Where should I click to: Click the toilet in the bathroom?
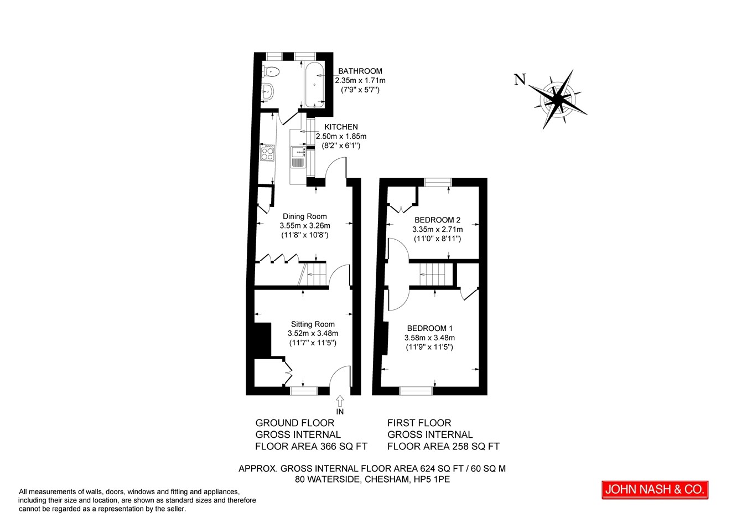[271, 71]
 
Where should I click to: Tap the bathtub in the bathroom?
[314, 85]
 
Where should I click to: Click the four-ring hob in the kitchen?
[267, 153]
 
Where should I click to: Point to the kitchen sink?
[298, 157]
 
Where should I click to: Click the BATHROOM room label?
[360, 71]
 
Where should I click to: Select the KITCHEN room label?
[341, 127]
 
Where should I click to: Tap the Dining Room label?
[305, 216]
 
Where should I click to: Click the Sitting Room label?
[313, 324]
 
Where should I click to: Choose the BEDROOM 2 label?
[438, 220]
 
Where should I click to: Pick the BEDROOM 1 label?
[429, 328]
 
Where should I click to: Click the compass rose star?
[558, 99]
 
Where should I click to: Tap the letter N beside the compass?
[520, 79]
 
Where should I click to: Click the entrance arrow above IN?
[340, 401]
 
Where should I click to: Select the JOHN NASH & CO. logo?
[655, 490]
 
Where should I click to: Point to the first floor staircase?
[436, 274]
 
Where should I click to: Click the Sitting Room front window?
[303, 391]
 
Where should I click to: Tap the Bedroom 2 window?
[438, 183]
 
